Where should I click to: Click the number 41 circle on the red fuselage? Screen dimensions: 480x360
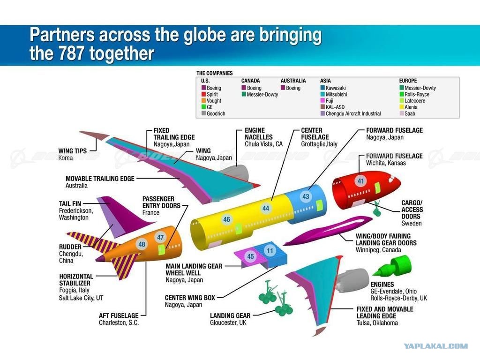[361, 181]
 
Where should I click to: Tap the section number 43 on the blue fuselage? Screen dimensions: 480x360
[306, 196]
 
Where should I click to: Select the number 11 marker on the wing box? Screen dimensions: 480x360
[270, 251]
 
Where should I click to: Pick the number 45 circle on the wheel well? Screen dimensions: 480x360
[250, 256]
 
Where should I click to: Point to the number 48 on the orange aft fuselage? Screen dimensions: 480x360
[142, 244]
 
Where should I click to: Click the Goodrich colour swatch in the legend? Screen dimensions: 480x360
[203, 113]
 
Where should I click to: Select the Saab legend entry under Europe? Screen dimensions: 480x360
[407, 113]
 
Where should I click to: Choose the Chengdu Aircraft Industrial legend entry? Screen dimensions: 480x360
[351, 113]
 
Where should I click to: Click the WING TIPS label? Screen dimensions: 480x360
[73, 151]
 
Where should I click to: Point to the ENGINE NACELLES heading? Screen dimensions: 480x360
[259, 134]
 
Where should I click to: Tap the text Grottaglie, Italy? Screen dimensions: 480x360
[319, 144]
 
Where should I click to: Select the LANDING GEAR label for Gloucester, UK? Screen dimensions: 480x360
[230, 315]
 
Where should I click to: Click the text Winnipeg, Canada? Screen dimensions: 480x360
[378, 250]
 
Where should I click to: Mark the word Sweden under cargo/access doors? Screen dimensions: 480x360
[412, 223]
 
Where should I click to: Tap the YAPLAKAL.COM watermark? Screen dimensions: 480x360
[435, 346]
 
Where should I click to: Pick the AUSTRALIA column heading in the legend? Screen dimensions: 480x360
[293, 81]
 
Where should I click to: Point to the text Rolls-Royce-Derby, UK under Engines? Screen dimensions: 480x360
[398, 298]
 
